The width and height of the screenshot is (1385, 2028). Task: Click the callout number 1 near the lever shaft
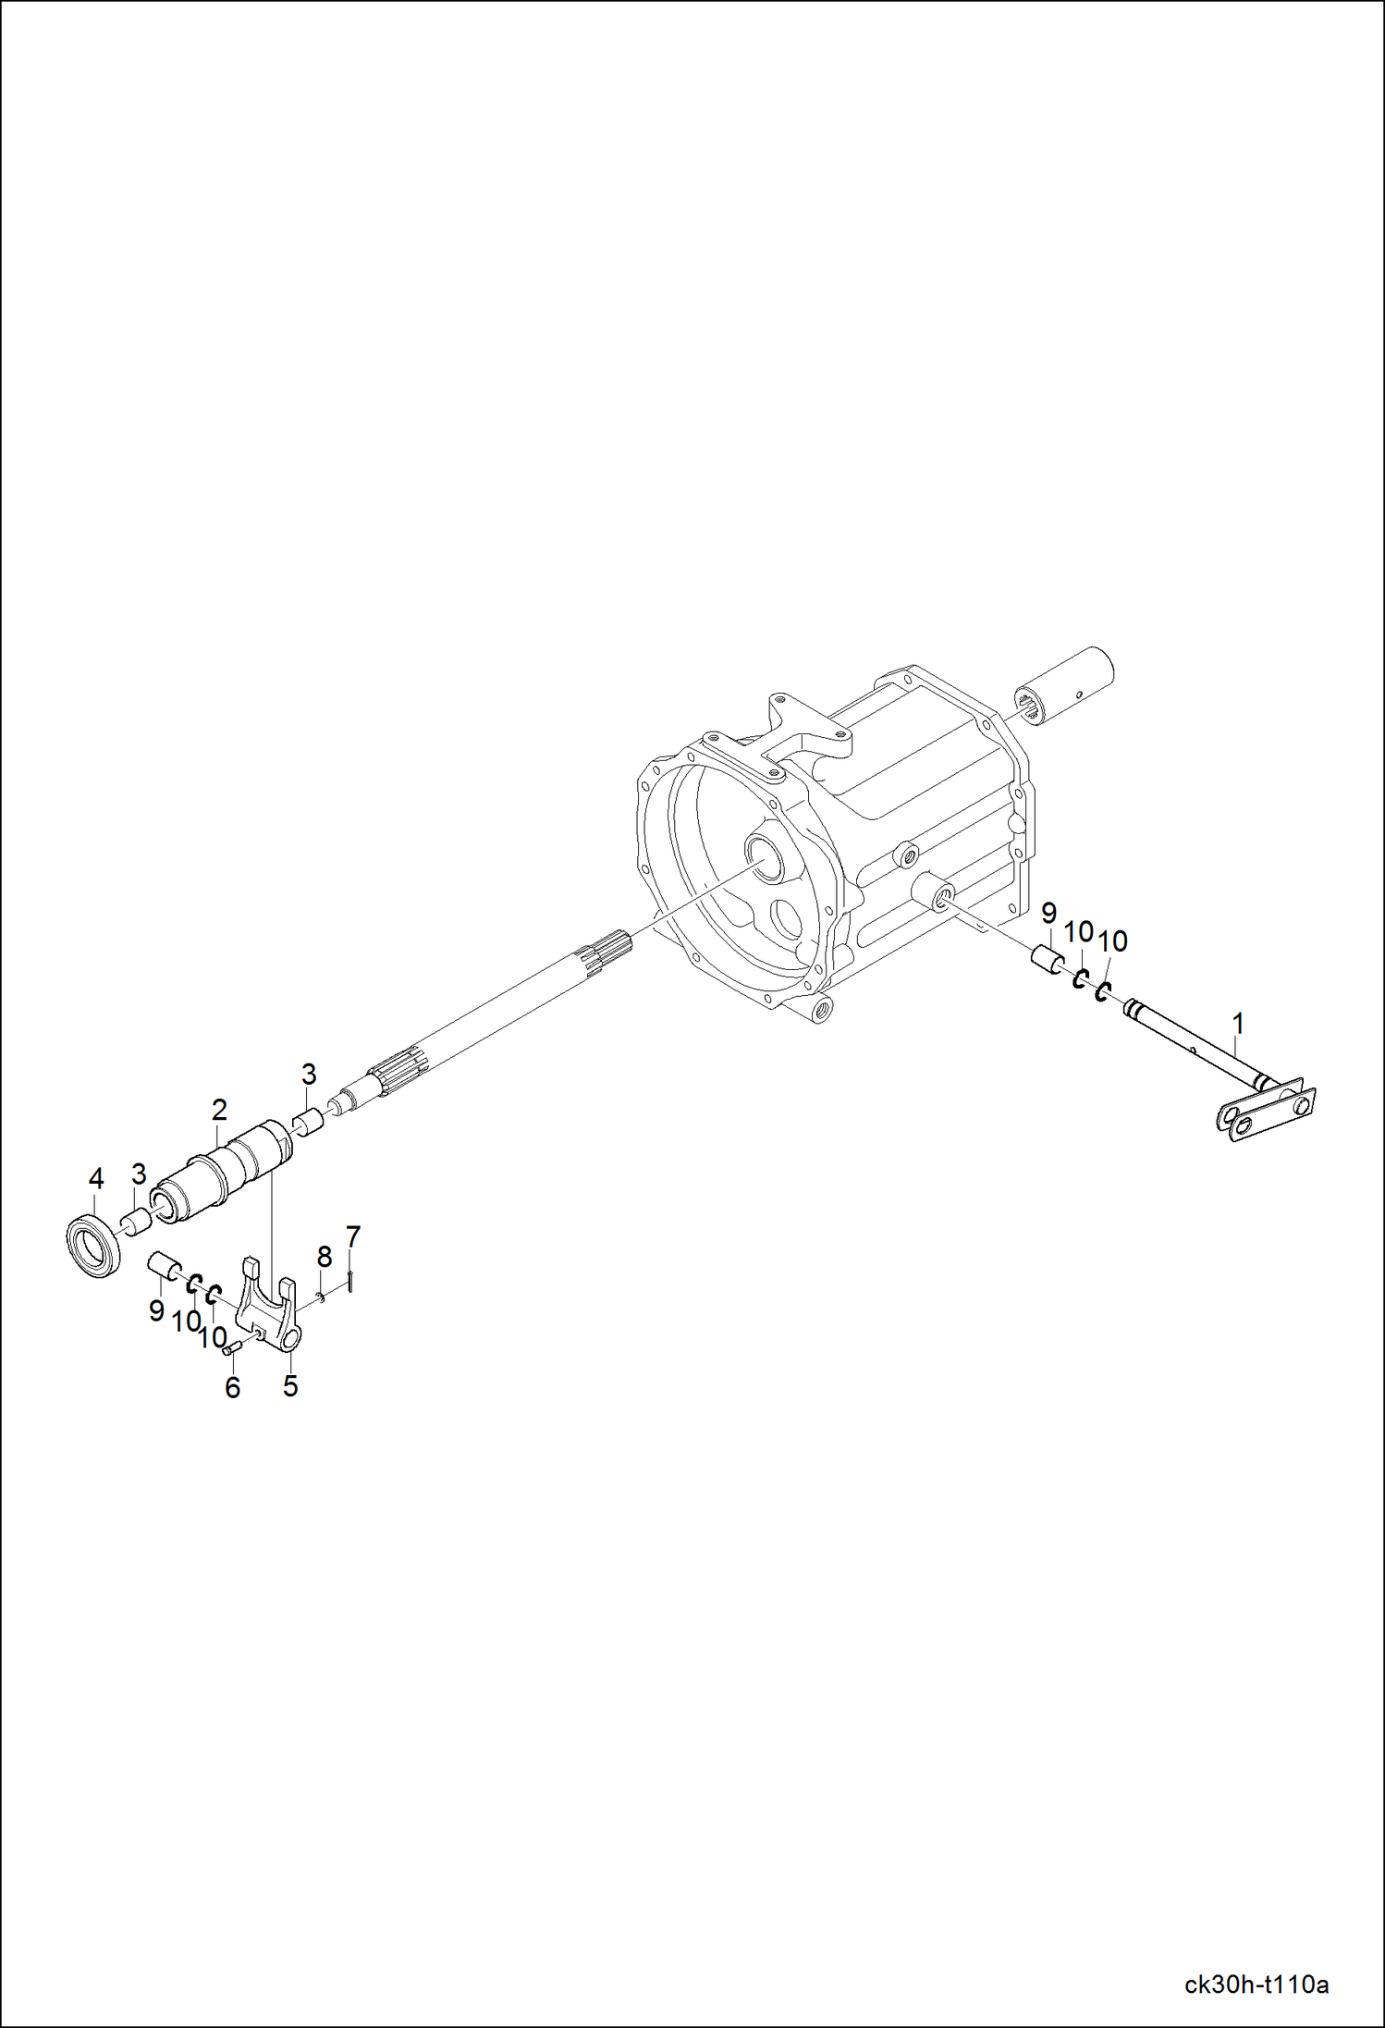pyautogui.click(x=1238, y=1024)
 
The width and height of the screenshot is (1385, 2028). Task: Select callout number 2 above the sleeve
pyautogui.click(x=219, y=1109)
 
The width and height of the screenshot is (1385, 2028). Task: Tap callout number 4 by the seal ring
pyautogui.click(x=96, y=1179)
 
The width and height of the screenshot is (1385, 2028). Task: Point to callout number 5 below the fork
pyautogui.click(x=290, y=1385)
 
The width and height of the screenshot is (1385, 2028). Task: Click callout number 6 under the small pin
pyautogui.click(x=233, y=1387)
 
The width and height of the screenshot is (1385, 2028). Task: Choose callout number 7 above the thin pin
pyautogui.click(x=352, y=1236)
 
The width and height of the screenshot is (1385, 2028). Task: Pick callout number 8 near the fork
pyautogui.click(x=324, y=1257)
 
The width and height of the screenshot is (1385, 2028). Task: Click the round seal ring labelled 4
pyautogui.click(x=94, y=1245)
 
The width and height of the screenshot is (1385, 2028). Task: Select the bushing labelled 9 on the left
pyautogui.click(x=165, y=1264)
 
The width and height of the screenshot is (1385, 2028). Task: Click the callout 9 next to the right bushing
pyautogui.click(x=1048, y=914)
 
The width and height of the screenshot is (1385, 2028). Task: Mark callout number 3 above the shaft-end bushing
pyautogui.click(x=309, y=1075)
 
